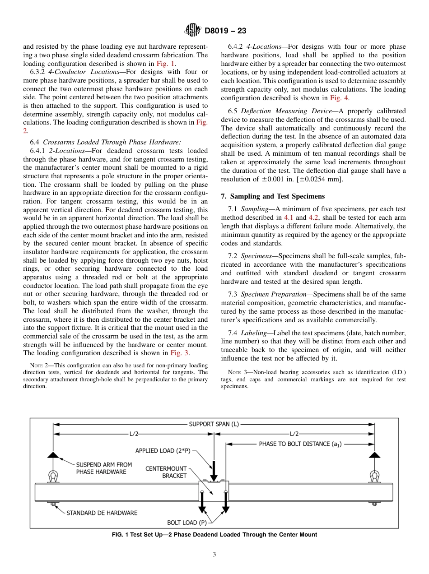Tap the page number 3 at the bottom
pos(214,555)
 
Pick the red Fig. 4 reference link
pos(339,98)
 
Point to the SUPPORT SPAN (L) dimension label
pos(214,424)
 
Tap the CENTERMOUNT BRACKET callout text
pos(166,472)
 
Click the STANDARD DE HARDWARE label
pos(102,513)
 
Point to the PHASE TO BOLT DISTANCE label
pos(300,444)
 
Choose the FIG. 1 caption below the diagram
pos(214,535)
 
